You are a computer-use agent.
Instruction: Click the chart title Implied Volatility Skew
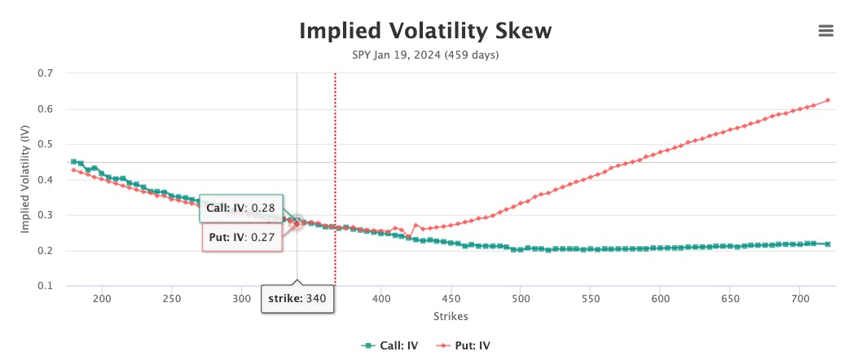point(425,32)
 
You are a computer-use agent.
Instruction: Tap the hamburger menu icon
point(826,31)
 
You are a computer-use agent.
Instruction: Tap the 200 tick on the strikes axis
point(102,299)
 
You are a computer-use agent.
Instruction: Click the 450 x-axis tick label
point(451,299)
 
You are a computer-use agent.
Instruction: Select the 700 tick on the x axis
point(799,299)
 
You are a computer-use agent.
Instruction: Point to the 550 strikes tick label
point(590,299)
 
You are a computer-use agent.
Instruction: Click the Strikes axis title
point(451,316)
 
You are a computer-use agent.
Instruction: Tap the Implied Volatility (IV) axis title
point(25,179)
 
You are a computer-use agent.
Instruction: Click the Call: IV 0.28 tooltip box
point(241,208)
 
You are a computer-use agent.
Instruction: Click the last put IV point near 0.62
point(828,100)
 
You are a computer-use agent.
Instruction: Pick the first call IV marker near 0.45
point(74,161)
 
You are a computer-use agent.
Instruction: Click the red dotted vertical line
point(335,179)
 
